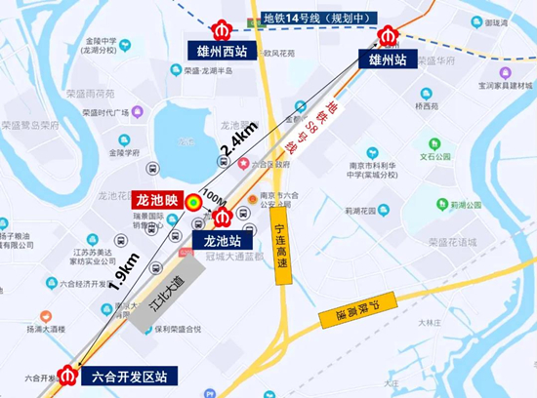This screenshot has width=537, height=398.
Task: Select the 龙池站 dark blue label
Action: click(222, 238)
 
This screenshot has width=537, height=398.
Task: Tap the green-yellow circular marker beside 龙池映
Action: click(195, 203)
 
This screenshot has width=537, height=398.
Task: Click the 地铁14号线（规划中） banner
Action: click(303, 18)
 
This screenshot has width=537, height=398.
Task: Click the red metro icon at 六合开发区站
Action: click(68, 374)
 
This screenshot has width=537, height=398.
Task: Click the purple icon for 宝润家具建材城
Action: click(505, 73)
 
